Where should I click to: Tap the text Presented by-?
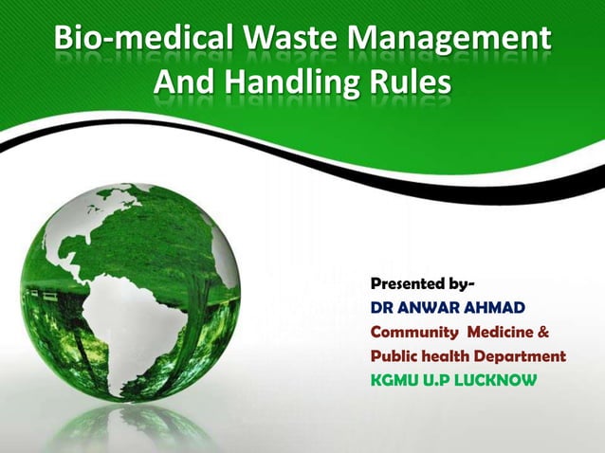tap(423, 283)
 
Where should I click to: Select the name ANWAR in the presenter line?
tap(429, 308)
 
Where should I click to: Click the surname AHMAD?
tap(499, 308)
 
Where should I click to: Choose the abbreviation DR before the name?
tap(382, 308)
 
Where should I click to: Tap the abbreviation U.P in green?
tap(441, 381)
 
